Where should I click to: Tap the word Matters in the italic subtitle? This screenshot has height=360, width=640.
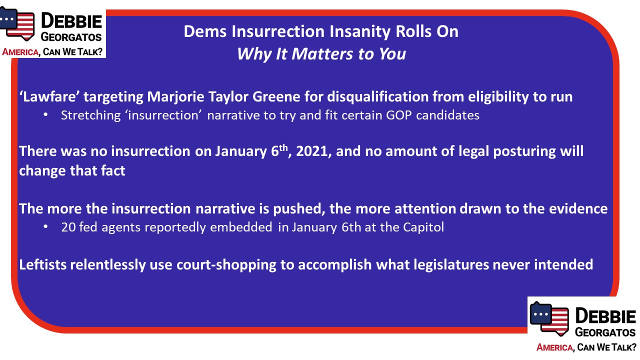point(322,53)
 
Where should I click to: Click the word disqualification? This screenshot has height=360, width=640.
point(377,97)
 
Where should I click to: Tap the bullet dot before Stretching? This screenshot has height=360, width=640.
point(45,114)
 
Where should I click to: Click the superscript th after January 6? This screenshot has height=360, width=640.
point(283,147)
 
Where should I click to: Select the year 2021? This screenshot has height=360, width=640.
point(311,151)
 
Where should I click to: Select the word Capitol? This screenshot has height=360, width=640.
point(423,227)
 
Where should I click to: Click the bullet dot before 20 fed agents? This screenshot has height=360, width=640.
point(45,226)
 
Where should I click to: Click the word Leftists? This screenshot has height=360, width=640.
point(42,264)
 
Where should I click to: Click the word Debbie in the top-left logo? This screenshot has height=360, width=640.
point(71,21)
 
